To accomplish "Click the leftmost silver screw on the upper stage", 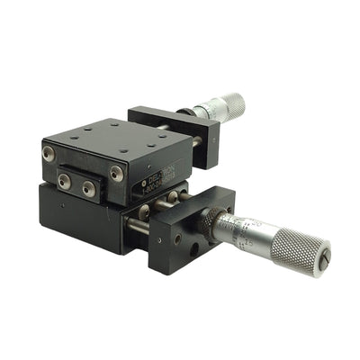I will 49,154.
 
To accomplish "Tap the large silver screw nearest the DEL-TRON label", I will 116,173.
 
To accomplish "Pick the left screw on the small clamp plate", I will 66,181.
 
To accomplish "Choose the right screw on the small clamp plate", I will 88,189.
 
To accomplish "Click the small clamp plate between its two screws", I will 76,185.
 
